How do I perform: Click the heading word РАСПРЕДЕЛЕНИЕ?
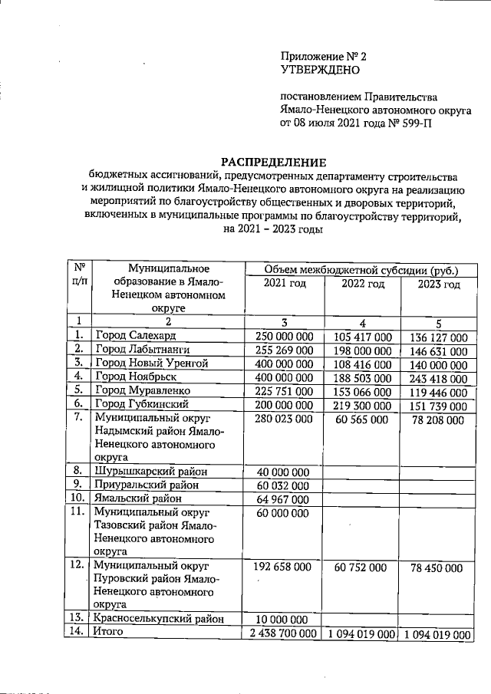(x=273, y=162)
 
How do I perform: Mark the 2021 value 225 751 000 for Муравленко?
(x=284, y=390)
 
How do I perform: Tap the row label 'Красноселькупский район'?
(x=159, y=618)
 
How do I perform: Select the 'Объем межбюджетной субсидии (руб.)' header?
(x=360, y=269)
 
